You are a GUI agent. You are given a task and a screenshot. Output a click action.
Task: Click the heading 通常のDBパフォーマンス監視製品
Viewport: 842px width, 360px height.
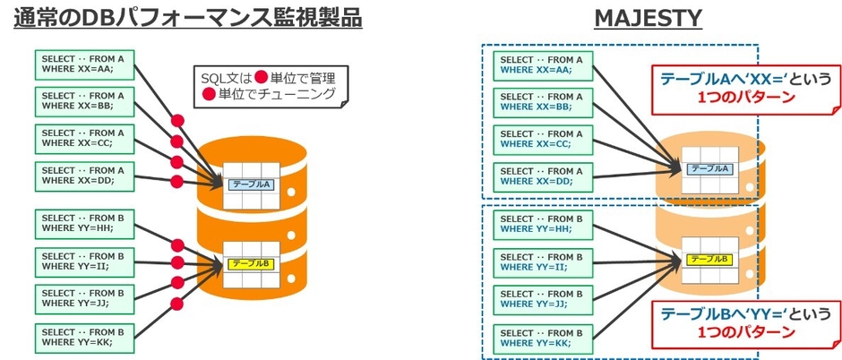click(187, 18)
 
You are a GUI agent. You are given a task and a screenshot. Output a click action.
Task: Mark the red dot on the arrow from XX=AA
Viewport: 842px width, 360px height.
click(177, 119)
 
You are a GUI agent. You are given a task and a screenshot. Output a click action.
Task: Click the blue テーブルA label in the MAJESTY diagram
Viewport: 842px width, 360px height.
click(709, 167)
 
